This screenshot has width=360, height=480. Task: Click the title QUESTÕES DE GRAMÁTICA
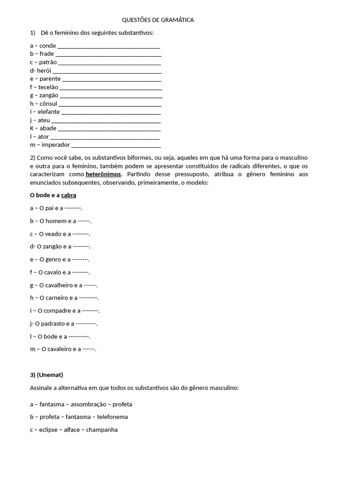pyautogui.click(x=157, y=20)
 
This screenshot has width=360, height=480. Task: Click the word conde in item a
pyautogui.click(x=48, y=45)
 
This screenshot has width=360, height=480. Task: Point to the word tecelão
pyautogui.click(x=49, y=87)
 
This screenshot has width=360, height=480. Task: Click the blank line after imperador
pyautogui.click(x=116, y=145)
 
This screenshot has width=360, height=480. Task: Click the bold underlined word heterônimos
pyautogui.click(x=103, y=174)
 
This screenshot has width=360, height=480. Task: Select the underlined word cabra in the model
pyautogui.click(x=68, y=195)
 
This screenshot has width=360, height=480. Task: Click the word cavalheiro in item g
pyautogui.click(x=61, y=285)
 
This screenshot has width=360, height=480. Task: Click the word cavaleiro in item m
pyautogui.click(x=60, y=349)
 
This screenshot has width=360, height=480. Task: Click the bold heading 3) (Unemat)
pyautogui.click(x=46, y=375)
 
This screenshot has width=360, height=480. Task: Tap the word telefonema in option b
pyautogui.click(x=112, y=417)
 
